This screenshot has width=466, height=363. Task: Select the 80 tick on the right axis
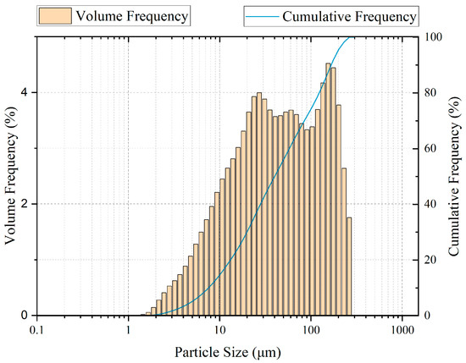pyautogui.click(x=431, y=92)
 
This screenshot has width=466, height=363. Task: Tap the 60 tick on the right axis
pyautogui.click(x=431, y=148)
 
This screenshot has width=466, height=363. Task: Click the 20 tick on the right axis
pyautogui.click(x=431, y=260)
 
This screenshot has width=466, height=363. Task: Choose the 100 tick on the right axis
pyautogui.click(x=434, y=37)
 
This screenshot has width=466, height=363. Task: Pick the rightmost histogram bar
pyautogui.click(x=348, y=266)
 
